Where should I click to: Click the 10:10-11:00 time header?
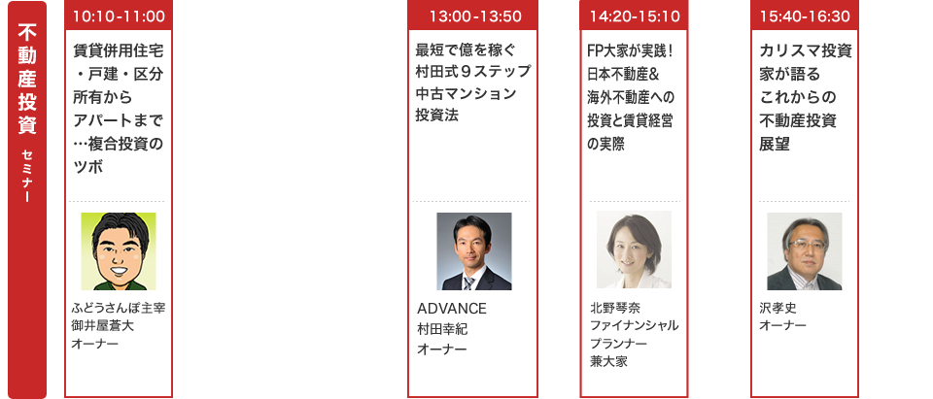coord(119,16)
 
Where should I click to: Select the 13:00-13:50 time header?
coord(472,16)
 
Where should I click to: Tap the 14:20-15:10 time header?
coord(635,16)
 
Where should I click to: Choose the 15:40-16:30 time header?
coord(805,16)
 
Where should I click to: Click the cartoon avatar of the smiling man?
coord(119,250)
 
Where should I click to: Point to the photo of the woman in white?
coord(634,249)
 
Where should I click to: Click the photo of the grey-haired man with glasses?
coord(805,250)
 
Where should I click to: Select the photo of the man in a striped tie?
coord(473,250)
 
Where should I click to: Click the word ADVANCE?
coord(452,310)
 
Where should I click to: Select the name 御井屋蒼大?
coord(102,325)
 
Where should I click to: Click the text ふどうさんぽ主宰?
coord(119,308)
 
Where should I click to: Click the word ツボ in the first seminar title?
coord(88,167)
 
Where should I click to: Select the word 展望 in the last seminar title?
coord(775,144)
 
